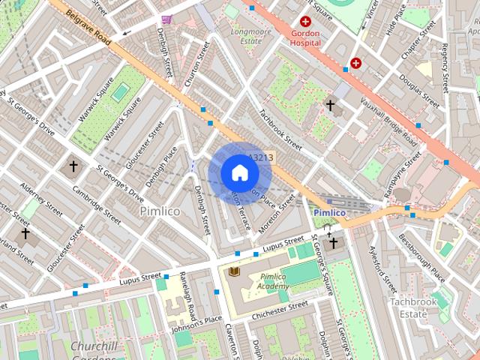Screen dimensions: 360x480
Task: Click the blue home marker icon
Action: point(239,172)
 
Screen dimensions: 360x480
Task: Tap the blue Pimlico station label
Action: point(329,213)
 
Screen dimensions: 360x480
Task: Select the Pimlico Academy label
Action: point(274,281)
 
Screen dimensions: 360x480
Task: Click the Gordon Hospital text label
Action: point(305,39)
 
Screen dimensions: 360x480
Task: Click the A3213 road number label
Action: point(261,158)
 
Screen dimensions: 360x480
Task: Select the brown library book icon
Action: point(234,271)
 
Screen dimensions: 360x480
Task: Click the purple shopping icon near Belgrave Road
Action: point(166,19)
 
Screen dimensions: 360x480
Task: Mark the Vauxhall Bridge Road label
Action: point(388,121)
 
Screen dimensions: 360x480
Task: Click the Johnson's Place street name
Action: point(197,324)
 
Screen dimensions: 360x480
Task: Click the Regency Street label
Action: point(445,67)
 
